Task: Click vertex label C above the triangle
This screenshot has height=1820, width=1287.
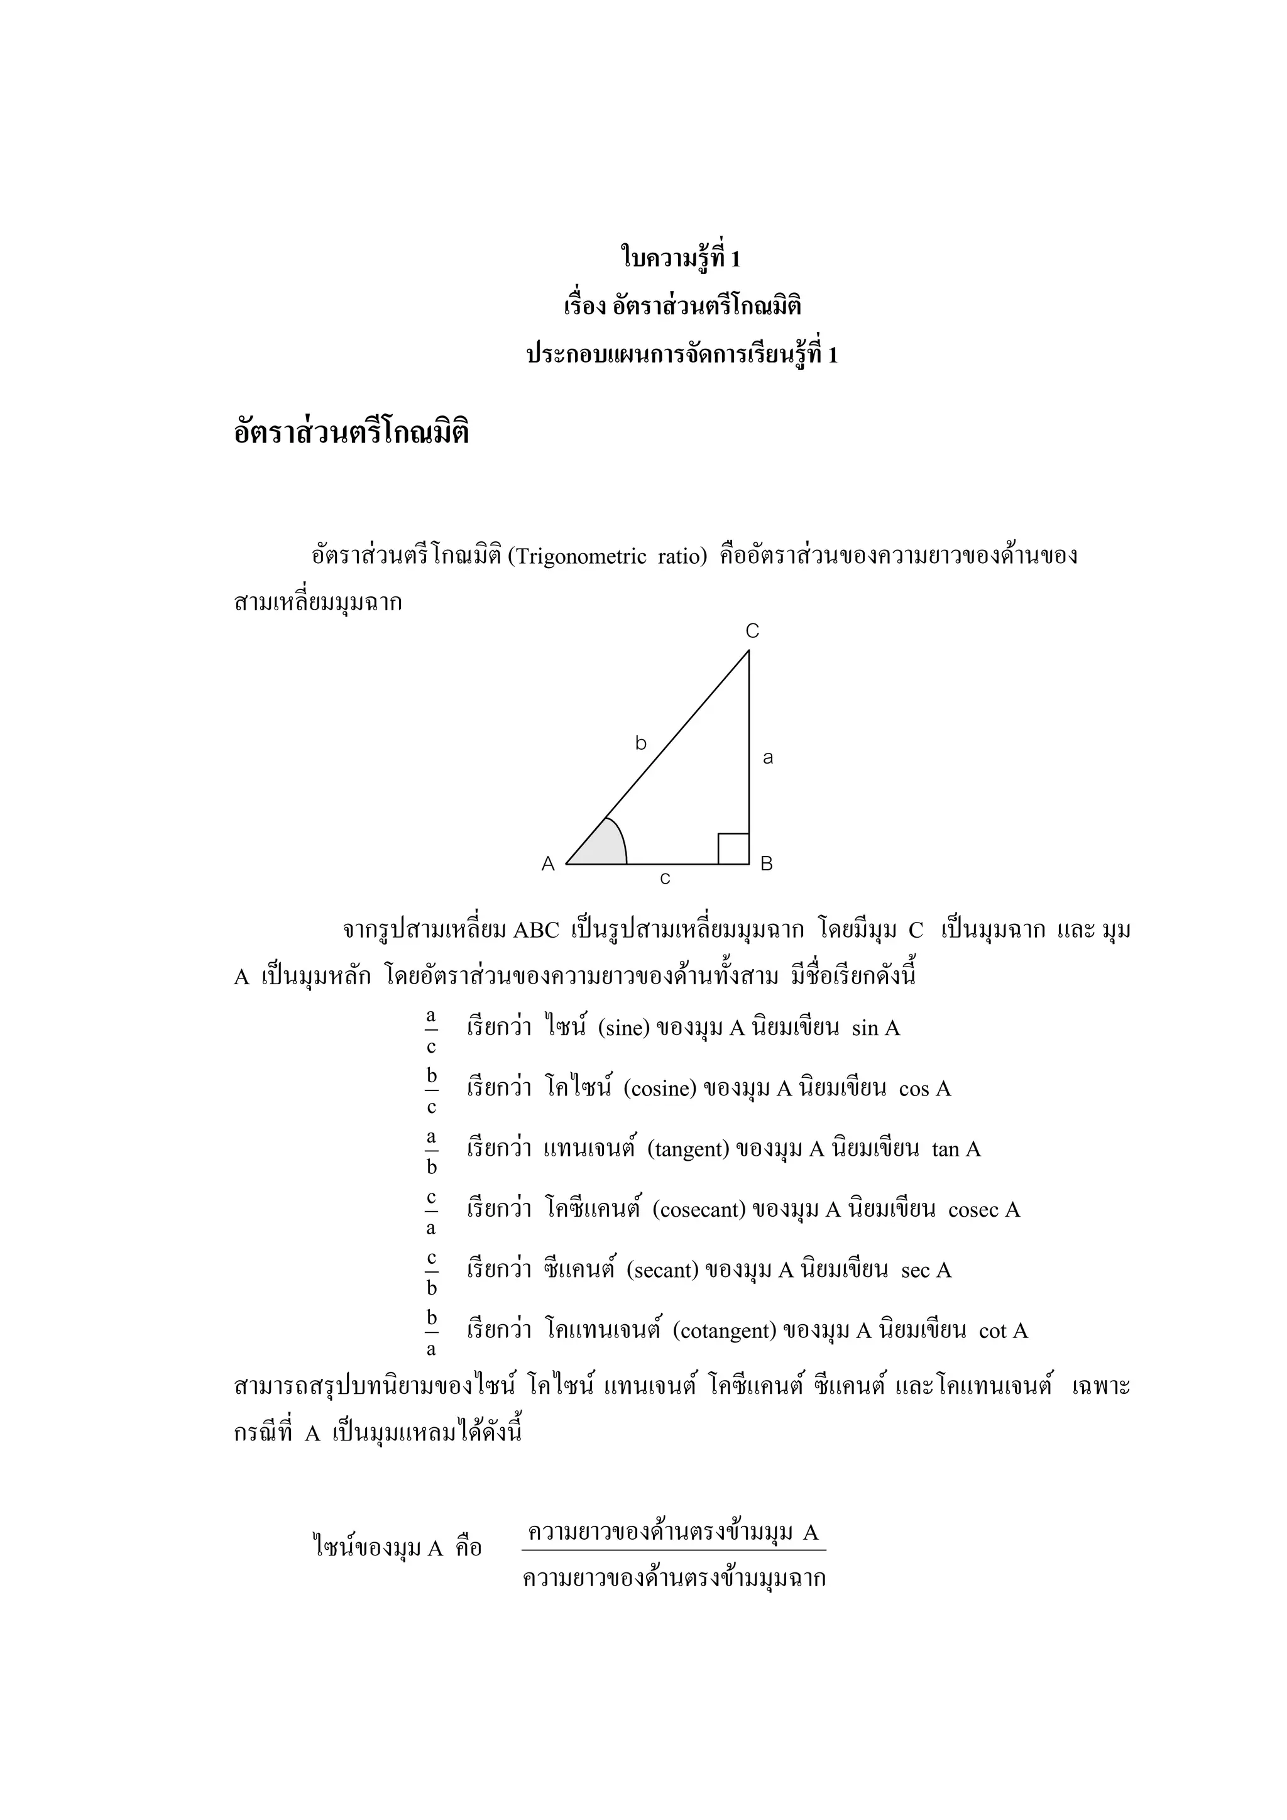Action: (x=752, y=631)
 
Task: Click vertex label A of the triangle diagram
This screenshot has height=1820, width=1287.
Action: (x=547, y=864)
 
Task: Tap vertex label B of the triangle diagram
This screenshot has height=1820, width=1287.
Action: (x=766, y=864)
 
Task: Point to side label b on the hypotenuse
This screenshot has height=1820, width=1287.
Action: (x=641, y=743)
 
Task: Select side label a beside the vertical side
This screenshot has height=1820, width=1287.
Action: (x=767, y=758)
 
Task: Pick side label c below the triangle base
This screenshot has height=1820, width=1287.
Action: (x=665, y=879)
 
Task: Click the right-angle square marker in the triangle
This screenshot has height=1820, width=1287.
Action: (x=733, y=849)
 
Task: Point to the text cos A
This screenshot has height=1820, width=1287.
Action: (x=925, y=1089)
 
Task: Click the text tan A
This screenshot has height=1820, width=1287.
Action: (x=956, y=1149)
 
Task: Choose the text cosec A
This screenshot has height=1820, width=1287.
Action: (x=983, y=1210)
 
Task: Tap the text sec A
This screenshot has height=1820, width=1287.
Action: (x=926, y=1271)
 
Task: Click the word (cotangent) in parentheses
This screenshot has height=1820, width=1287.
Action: (x=723, y=1331)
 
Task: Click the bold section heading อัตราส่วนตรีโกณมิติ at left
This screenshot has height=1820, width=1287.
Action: (x=351, y=434)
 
